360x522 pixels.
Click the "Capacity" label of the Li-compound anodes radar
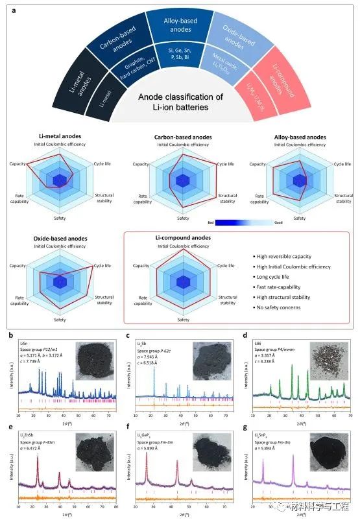coord(142,266)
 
